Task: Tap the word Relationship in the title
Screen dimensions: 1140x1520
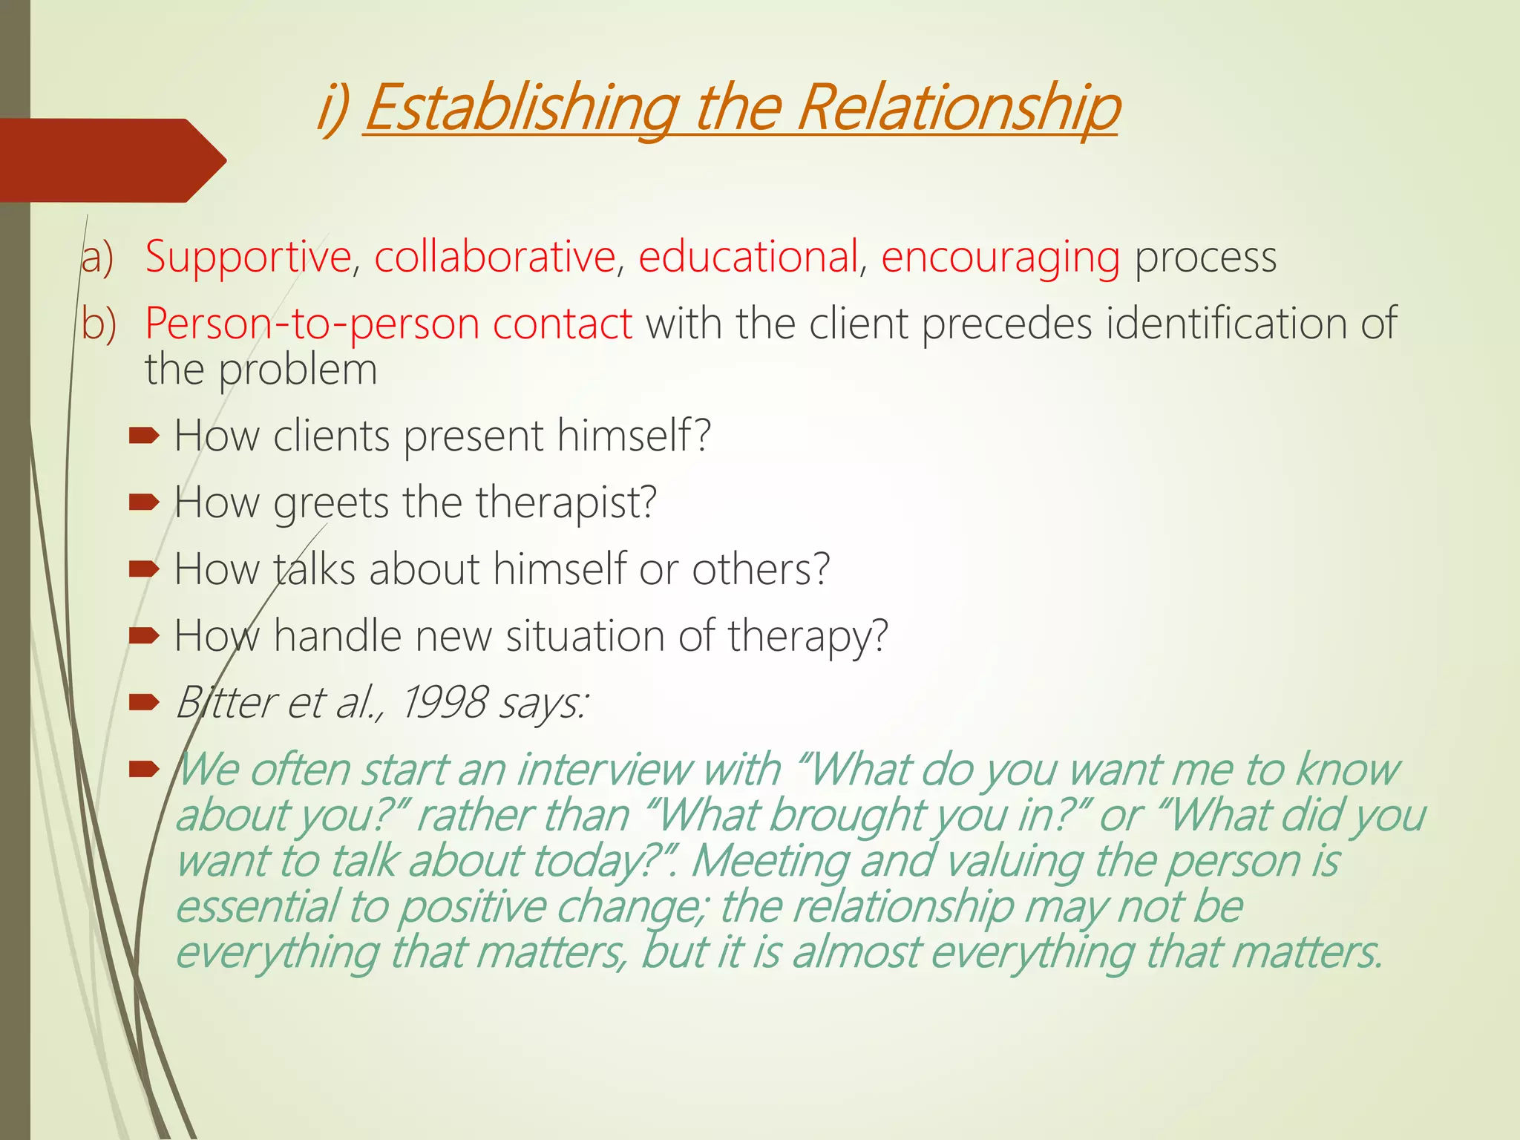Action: [x=957, y=108]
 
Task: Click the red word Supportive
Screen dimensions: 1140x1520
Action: [x=248, y=257]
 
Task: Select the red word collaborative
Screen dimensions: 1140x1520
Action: [x=494, y=257]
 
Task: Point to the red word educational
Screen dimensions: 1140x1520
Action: [x=748, y=257]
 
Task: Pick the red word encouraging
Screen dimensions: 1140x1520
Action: [x=1000, y=258]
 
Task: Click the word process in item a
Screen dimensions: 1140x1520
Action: [x=1205, y=258]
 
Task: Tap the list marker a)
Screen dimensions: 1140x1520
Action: [x=97, y=258]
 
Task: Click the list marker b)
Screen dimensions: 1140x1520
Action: [x=99, y=324]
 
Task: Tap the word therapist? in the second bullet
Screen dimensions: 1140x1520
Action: [x=566, y=503]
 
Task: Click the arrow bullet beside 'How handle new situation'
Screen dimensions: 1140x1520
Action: [x=144, y=635]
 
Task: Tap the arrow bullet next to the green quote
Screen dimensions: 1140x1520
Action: [x=144, y=769]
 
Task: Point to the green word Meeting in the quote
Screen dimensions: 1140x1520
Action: [x=770, y=862]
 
